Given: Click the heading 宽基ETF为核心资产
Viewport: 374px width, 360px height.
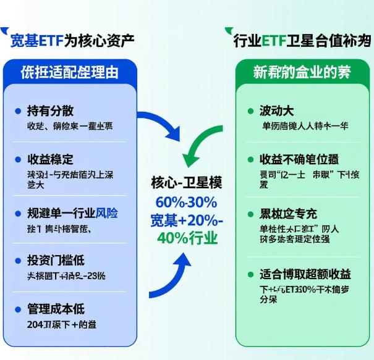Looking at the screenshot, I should [x=72, y=41].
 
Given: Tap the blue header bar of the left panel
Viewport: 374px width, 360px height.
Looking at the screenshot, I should [x=69, y=72].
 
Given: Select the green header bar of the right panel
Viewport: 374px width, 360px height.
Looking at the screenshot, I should [x=302, y=72].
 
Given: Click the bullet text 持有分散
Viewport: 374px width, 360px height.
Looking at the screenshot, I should [x=51, y=111].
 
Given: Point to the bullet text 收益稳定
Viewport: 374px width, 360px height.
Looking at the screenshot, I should [x=51, y=159].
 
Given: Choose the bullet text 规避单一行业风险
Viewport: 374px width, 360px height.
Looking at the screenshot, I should [x=72, y=214].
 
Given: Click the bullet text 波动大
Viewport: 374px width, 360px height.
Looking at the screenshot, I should [x=276, y=111].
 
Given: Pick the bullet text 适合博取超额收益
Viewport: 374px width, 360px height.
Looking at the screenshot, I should [x=305, y=274].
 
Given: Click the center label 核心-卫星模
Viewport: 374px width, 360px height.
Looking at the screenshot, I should [x=186, y=183].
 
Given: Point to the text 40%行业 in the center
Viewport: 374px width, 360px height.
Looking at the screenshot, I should [x=186, y=238].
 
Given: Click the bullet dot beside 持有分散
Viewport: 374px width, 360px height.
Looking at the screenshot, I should [x=17, y=111].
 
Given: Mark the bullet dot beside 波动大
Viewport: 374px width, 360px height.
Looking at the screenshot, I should [x=251, y=111].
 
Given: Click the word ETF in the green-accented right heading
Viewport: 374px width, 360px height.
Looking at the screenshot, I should [x=272, y=41].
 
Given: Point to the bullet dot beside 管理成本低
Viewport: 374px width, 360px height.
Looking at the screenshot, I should [x=17, y=309].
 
